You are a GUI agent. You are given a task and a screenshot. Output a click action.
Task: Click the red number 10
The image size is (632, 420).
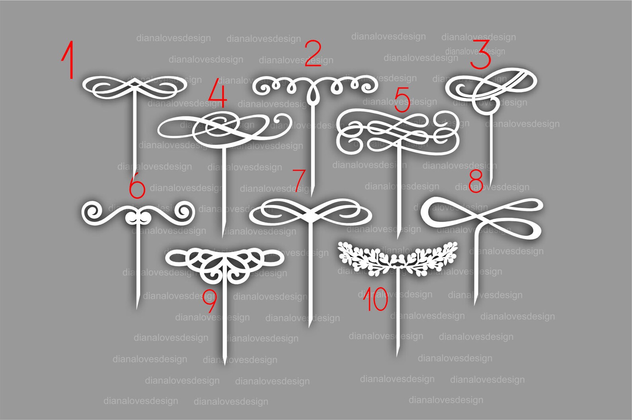click(x=375, y=300)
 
